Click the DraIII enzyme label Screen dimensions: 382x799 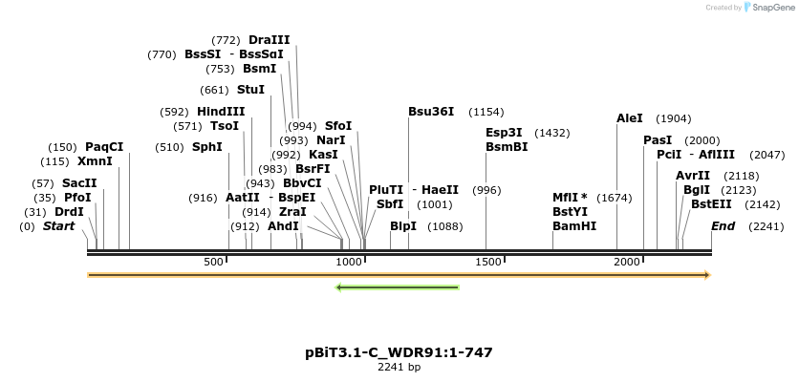coord(269,40)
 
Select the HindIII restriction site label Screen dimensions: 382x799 coord(221,112)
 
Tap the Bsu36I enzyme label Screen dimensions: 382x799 coord(431,112)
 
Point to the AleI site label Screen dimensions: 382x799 coord(630,118)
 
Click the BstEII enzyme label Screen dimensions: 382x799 coord(711,203)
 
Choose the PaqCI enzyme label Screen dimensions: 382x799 coord(104,147)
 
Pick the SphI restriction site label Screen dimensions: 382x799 coord(207,147)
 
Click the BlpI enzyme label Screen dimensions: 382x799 coord(403,226)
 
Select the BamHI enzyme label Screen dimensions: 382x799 coord(574,226)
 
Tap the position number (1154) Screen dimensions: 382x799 coord(486,112)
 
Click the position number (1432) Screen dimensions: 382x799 coord(552,133)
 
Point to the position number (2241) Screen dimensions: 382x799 coord(767,226)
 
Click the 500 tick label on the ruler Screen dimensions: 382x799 coord(214,262)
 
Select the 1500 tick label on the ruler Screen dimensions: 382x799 coord(487,262)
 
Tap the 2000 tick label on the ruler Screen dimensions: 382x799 coord(627,262)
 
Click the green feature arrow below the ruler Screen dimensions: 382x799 coord(398,286)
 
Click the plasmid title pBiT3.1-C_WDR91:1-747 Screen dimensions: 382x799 coord(399,352)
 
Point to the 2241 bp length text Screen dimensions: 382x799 coord(399,367)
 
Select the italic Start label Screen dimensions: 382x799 coord(58,226)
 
